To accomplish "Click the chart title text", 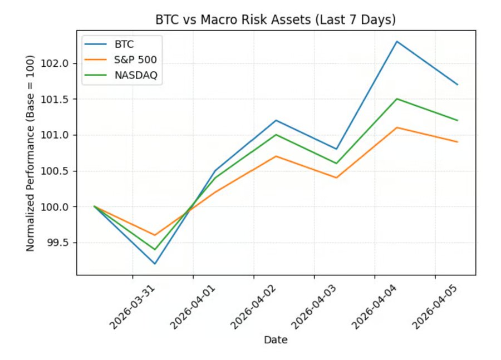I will [x=276, y=20].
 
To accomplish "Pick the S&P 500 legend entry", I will [x=135, y=61].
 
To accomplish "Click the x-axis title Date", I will [x=276, y=339].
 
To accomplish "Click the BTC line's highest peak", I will [x=397, y=41].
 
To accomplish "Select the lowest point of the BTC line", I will [x=155, y=264].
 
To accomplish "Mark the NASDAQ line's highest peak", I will [x=397, y=98].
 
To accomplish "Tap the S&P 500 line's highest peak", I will [x=397, y=127].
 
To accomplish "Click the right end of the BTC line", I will [x=458, y=85].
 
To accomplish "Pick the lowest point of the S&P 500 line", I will [x=155, y=235].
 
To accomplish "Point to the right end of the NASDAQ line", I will [x=458, y=120].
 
